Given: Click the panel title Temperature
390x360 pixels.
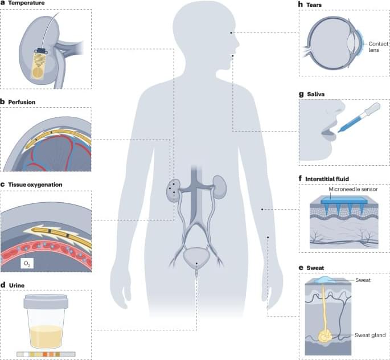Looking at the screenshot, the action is click(26, 3).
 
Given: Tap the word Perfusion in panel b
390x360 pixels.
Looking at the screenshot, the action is click(22, 102).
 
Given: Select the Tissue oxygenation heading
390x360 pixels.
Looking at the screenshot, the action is click(35, 185).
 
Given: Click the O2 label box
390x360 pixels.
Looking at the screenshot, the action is click(27, 264).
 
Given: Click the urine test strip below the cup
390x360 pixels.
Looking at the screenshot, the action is click(46, 354).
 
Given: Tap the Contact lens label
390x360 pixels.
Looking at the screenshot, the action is click(378, 47).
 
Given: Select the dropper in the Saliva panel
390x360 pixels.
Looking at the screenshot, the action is click(359, 117).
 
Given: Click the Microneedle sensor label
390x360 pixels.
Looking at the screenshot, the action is click(353, 189).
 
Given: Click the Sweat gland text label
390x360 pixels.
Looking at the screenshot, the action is click(370, 335).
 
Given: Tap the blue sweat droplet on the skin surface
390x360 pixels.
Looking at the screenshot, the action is click(325, 280).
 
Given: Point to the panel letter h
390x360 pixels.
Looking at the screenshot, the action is click(301, 4).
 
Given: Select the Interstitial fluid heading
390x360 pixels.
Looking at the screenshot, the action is click(327, 179).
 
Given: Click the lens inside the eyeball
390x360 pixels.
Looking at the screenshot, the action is click(352, 43).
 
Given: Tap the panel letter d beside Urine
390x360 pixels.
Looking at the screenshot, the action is click(3, 285).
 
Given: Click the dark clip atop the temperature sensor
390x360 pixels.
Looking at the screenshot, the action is click(41, 51).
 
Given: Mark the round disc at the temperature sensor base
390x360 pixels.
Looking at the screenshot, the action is click(38, 72).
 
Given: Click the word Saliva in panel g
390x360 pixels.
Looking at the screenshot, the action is click(315, 95).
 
